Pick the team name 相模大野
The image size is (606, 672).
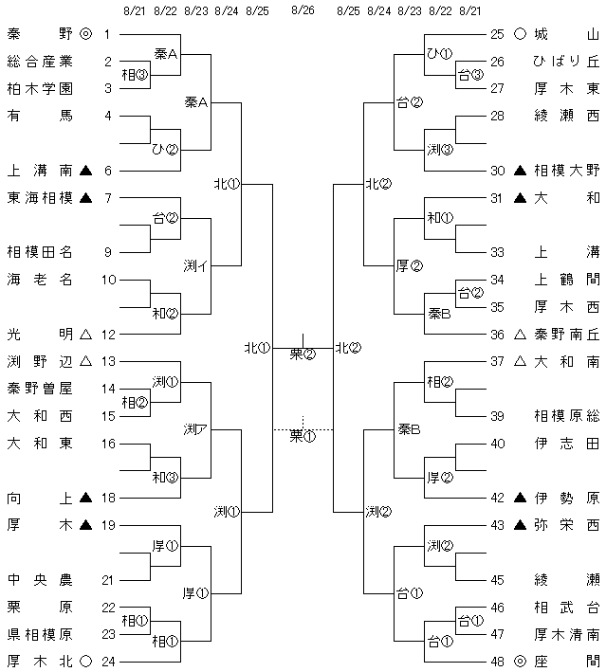pos(566,171)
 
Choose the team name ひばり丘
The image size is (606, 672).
pos(566,62)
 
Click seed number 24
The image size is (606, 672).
pos(108,662)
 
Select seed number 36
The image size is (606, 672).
pos(498,334)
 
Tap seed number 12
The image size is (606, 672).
pos(108,334)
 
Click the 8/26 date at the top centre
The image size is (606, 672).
pos(303,9)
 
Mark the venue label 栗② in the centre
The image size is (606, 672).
pos(303,354)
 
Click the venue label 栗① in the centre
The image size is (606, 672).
pos(303,436)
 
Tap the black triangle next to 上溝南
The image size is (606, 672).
pos(86,171)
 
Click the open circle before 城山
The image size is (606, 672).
pos(520,34)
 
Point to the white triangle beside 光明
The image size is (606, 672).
pos(86,334)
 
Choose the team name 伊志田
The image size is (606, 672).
pos(566,444)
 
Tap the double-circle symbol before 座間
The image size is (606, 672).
pos(520,662)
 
